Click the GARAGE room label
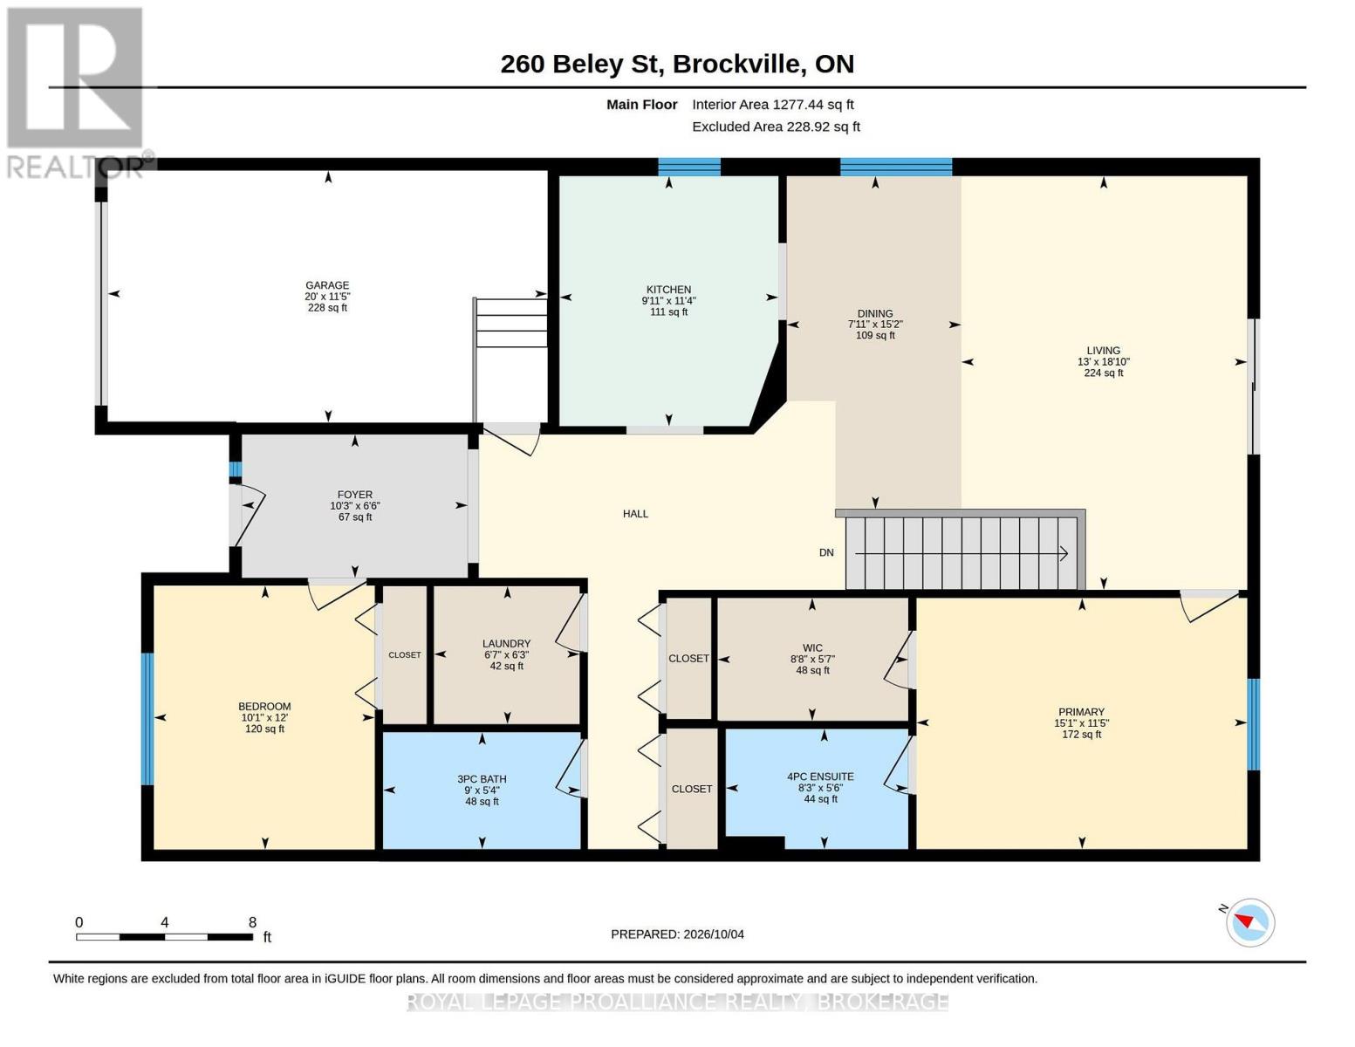(326, 285)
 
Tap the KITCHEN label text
(668, 290)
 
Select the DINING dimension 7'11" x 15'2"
(875, 325)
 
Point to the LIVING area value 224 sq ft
(1103, 373)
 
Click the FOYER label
(355, 495)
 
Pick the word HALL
(635, 514)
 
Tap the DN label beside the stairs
(826, 552)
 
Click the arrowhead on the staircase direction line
(1064, 553)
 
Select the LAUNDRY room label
(506, 644)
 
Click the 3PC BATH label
(482, 779)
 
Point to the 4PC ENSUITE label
(820, 777)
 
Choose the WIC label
(812, 648)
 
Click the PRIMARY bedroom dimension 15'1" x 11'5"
(1081, 723)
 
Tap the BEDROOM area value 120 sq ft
(264, 729)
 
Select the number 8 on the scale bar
(252, 922)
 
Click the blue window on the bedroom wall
(147, 718)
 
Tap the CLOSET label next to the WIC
(688, 659)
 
